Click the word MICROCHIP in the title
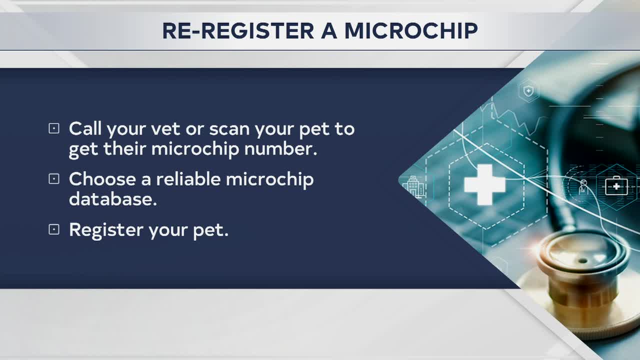pyautogui.click(x=411, y=31)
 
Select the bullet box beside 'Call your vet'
pyautogui.click(x=53, y=129)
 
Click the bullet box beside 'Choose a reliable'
pyautogui.click(x=53, y=179)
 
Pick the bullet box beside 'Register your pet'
pyautogui.click(x=53, y=229)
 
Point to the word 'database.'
pyautogui.click(x=113, y=199)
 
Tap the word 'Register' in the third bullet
pyautogui.click(x=106, y=230)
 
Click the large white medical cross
pyautogui.click(x=484, y=184)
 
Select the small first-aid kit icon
pyautogui.click(x=616, y=186)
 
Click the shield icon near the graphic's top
pyautogui.click(x=528, y=91)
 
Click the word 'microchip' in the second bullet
pyautogui.click(x=270, y=179)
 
